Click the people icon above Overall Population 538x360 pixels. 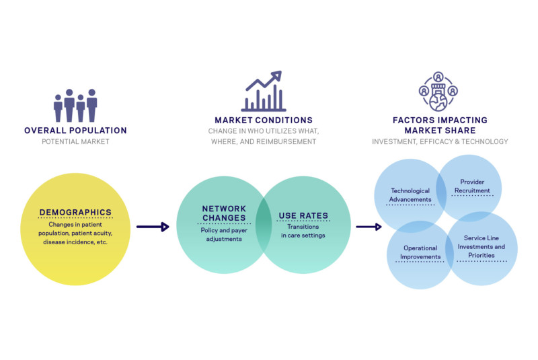tap(75, 105)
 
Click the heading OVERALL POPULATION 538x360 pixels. tap(75, 131)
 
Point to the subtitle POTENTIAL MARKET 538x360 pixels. tap(75, 142)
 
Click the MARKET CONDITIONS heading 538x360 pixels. tap(262, 120)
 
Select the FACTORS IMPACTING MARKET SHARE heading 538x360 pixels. tap(440, 124)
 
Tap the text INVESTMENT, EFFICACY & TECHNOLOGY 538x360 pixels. tap(440, 142)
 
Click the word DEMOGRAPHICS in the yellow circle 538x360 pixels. tap(75, 213)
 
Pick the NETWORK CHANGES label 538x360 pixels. tap(224, 213)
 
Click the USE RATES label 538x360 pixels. tap(303, 216)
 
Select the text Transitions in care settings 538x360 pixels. tap(303, 231)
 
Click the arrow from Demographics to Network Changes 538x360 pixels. tap(152, 227)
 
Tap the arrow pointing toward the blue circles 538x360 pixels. tap(369, 227)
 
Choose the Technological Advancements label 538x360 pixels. tap(410, 194)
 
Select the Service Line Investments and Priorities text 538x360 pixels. tap(484, 247)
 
